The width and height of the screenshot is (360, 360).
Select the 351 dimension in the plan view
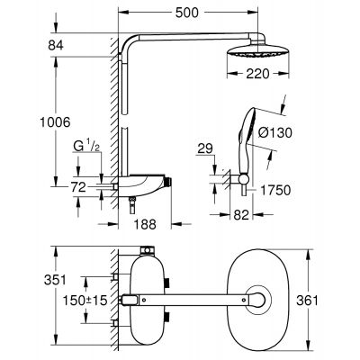tap(58, 280)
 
